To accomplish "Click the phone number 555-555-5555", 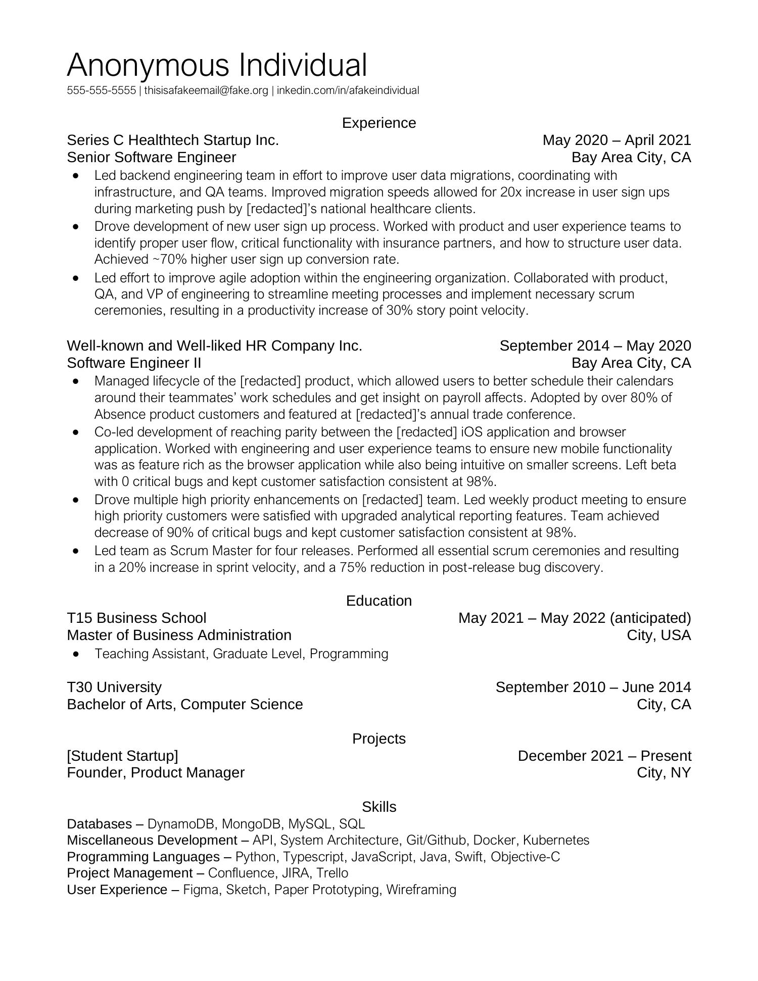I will pyautogui.click(x=101, y=91).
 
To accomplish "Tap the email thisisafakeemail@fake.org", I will pyautogui.click(x=206, y=91).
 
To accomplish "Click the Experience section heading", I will pyautogui.click(x=378, y=123).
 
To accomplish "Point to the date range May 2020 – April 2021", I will pyautogui.click(x=616, y=140).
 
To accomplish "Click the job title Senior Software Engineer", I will pyautogui.click(x=151, y=158).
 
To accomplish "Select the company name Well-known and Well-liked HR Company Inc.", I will pyautogui.click(x=214, y=346).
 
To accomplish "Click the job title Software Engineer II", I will pyautogui.click(x=134, y=363).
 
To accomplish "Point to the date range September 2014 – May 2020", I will pyautogui.click(x=595, y=346).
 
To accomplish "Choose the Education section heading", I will pyautogui.click(x=378, y=601).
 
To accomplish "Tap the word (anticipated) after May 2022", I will pyautogui.click(x=650, y=618).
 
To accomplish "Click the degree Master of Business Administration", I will pyautogui.click(x=179, y=635).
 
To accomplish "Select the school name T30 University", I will pyautogui.click(x=114, y=688).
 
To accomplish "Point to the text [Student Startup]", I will pyautogui.click(x=122, y=756).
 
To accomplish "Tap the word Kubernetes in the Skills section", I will pyautogui.click(x=556, y=841).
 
